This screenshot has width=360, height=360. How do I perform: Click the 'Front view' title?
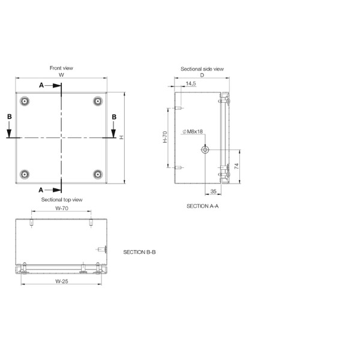pyautogui.click(x=61, y=68)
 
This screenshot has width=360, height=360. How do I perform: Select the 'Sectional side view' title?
pyautogui.click(x=202, y=69)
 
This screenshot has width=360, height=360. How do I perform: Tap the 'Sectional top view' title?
pyautogui.click(x=61, y=199)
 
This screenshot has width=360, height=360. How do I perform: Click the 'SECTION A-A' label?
pyautogui.click(x=203, y=206)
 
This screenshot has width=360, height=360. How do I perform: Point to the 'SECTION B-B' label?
pyautogui.click(x=139, y=253)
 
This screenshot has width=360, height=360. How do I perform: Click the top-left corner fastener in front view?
pyautogui.click(x=24, y=101)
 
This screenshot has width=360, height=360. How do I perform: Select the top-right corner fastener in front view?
pyautogui.click(x=98, y=101)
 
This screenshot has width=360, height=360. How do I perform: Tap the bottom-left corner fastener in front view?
pyautogui.click(x=24, y=175)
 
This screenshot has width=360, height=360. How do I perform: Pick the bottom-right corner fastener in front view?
pyautogui.click(x=98, y=175)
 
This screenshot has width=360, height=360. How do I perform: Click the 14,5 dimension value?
pyautogui.click(x=191, y=84)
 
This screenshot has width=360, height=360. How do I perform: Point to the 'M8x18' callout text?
pyautogui.click(x=194, y=131)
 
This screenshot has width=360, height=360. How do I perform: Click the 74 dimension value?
pyautogui.click(x=236, y=166)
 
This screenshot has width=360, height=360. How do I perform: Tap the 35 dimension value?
pyautogui.click(x=214, y=191)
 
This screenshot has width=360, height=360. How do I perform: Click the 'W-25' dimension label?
pyautogui.click(x=61, y=281)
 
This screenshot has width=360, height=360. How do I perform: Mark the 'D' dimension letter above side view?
pyautogui.click(x=202, y=76)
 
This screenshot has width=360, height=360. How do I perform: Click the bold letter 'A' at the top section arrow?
pyautogui.click(x=41, y=85)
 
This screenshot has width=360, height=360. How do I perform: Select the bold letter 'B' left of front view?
pyautogui.click(x=9, y=116)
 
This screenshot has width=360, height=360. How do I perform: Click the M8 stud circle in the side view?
pyautogui.click(x=205, y=149)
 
